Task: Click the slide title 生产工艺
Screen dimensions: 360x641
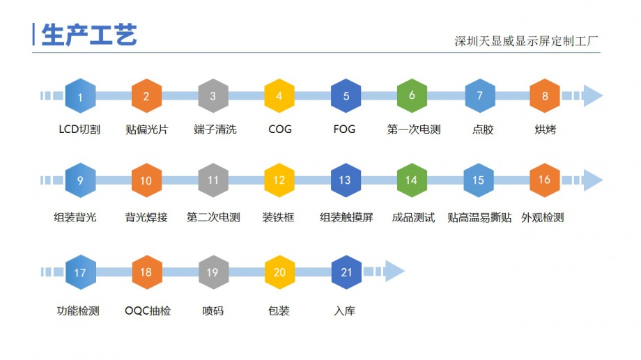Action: pyautogui.click(x=89, y=34)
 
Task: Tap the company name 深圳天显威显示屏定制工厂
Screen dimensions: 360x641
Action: pyautogui.click(x=526, y=41)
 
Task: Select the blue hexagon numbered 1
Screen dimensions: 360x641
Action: pyautogui.click(x=80, y=96)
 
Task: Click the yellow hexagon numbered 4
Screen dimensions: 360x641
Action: pyautogui.click(x=279, y=96)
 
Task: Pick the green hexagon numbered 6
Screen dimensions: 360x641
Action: pyautogui.click(x=412, y=96)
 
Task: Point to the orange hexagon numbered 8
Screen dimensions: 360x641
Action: pyautogui.click(x=545, y=96)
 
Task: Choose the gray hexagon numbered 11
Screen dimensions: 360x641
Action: pyautogui.click(x=213, y=180)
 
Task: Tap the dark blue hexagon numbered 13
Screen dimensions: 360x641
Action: pyautogui.click(x=345, y=180)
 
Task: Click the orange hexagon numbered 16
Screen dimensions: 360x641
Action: pyautogui.click(x=545, y=180)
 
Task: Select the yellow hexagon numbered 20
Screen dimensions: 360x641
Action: pyautogui.click(x=279, y=272)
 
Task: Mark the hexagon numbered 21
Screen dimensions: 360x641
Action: pyautogui.click(x=346, y=272)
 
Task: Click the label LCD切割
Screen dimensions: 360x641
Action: pyautogui.click(x=79, y=130)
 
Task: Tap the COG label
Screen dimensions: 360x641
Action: pyautogui.click(x=279, y=130)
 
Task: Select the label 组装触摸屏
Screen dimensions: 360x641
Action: pyautogui.click(x=346, y=217)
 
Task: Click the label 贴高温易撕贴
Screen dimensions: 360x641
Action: pyautogui.click(x=479, y=217)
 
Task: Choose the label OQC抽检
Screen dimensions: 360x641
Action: pyautogui.click(x=147, y=311)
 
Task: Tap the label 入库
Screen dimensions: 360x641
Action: pyautogui.click(x=345, y=311)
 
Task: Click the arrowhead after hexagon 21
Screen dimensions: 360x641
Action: pyautogui.click(x=394, y=272)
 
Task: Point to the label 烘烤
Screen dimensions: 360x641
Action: pyautogui.click(x=546, y=130)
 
